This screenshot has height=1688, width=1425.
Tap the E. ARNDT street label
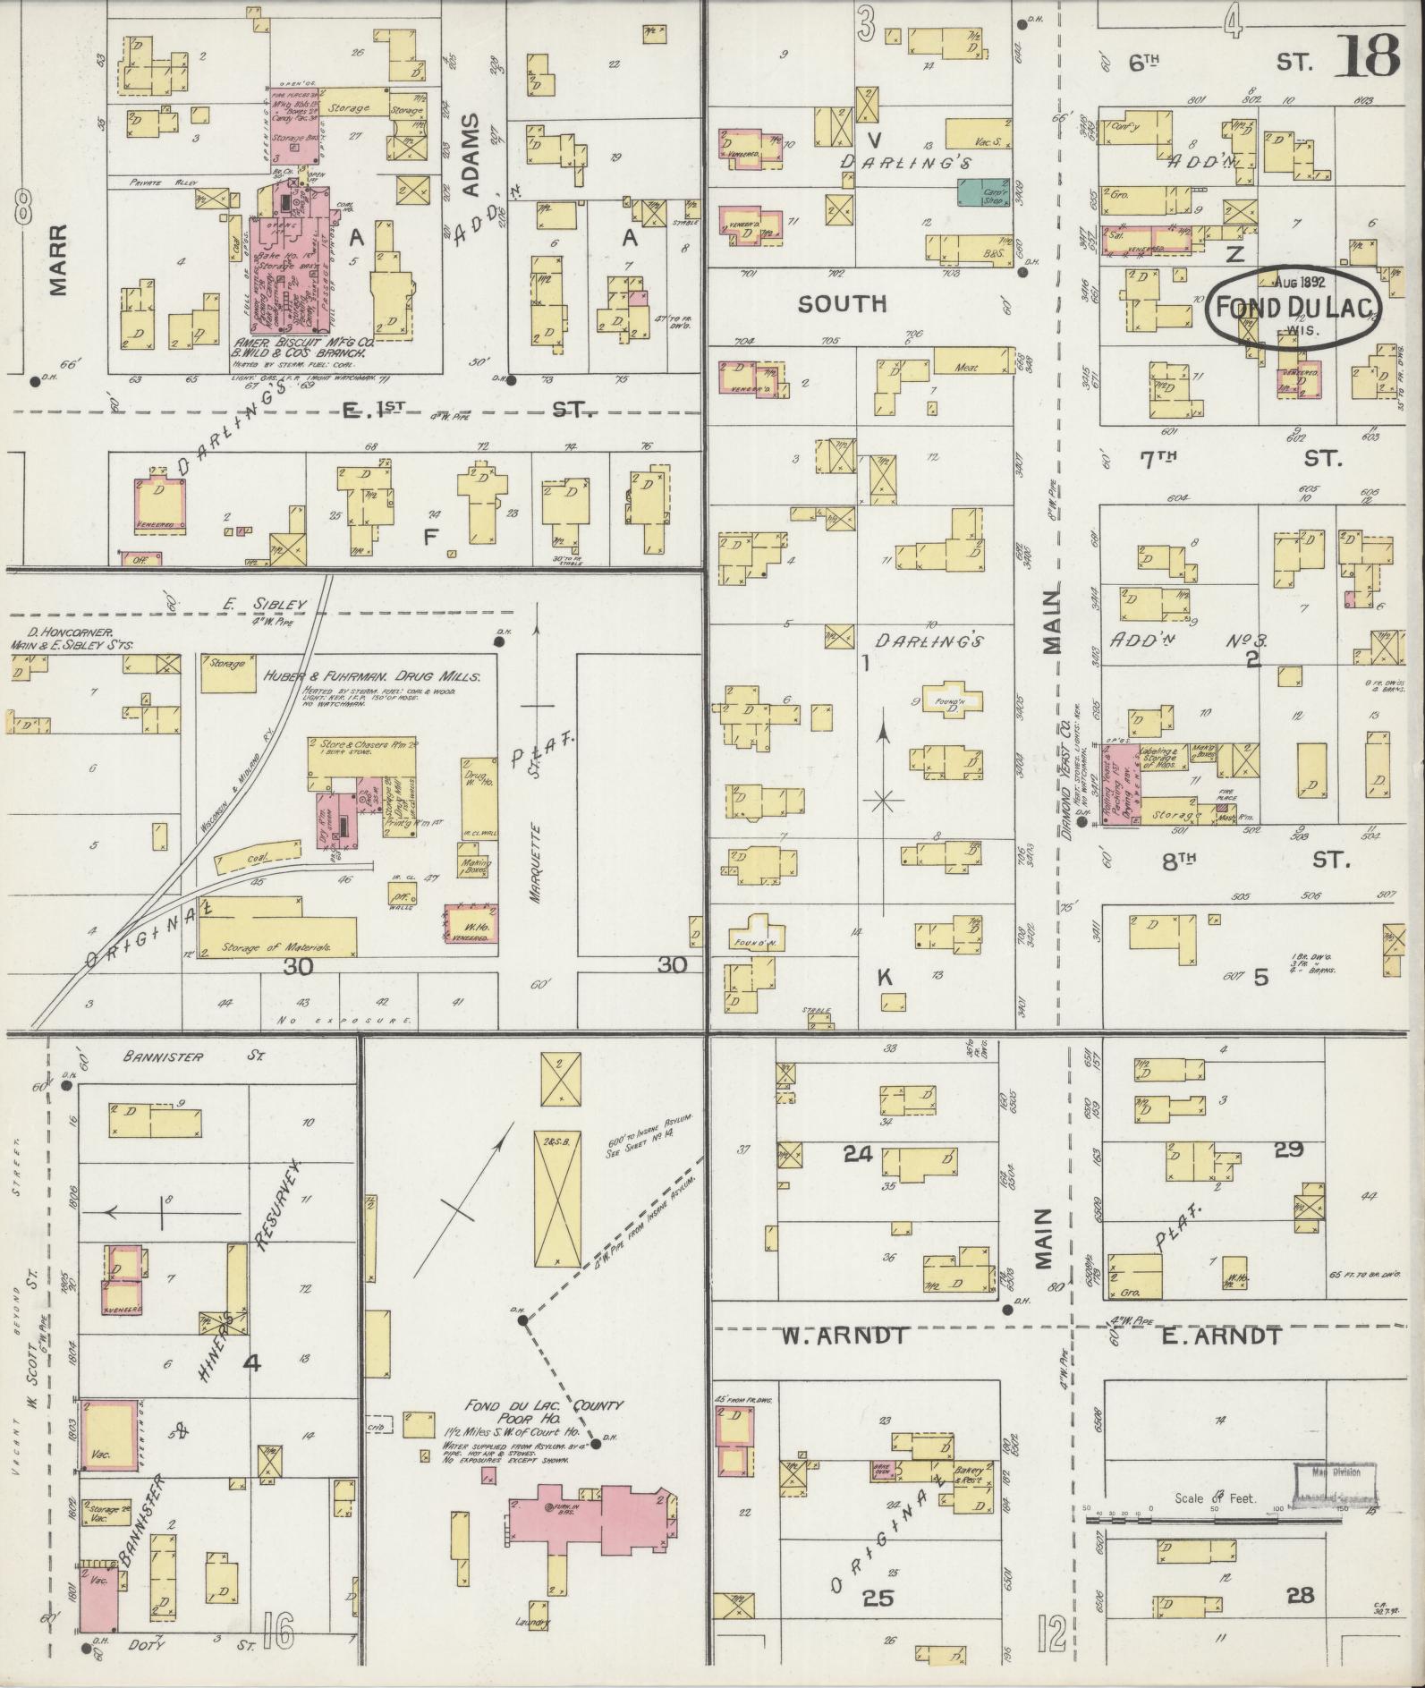click(x=1222, y=1336)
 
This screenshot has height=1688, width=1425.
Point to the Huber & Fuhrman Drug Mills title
click(x=372, y=677)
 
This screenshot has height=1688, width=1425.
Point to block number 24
click(x=857, y=1154)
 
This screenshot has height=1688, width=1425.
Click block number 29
click(x=1287, y=1149)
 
